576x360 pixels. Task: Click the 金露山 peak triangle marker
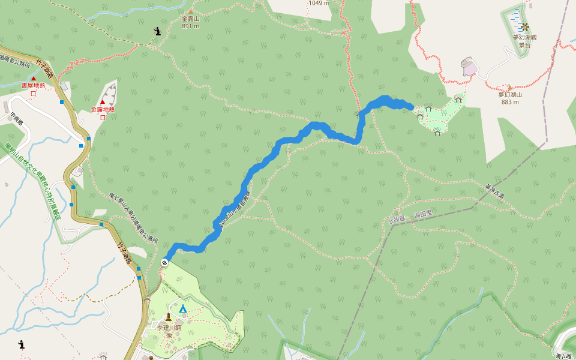191,11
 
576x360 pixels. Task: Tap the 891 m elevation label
191,26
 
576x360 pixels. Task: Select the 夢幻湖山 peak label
510,94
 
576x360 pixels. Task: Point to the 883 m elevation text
510,101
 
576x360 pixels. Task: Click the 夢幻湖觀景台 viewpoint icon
525,26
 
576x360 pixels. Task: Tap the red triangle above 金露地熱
103,102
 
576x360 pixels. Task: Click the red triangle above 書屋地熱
34,79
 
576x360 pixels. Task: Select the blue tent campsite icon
183,308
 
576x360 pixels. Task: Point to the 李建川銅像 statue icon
169,317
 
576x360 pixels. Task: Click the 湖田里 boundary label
424,214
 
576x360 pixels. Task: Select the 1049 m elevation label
319,3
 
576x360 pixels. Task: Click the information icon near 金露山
157,31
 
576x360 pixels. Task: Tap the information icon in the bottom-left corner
22,344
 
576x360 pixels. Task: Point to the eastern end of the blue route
412,107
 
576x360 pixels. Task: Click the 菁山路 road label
565,355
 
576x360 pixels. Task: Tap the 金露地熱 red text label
103,109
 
